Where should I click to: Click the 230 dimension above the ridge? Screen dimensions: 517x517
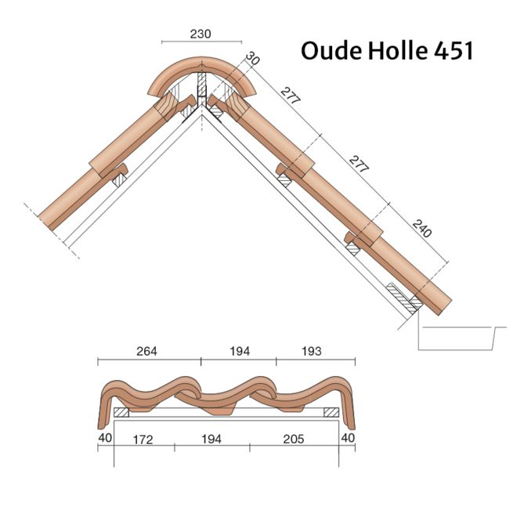(x=201, y=34)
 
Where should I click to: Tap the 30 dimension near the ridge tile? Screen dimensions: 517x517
(x=253, y=59)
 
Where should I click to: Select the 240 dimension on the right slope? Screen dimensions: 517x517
(x=421, y=229)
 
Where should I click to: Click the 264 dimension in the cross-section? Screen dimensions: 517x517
(x=146, y=351)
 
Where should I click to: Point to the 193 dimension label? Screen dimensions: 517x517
(x=312, y=351)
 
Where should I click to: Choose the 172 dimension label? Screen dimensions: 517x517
(x=143, y=439)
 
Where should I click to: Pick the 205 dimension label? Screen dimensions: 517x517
(x=293, y=439)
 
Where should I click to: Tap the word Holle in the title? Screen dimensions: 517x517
(x=398, y=50)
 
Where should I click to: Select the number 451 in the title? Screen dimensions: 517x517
(x=454, y=51)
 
